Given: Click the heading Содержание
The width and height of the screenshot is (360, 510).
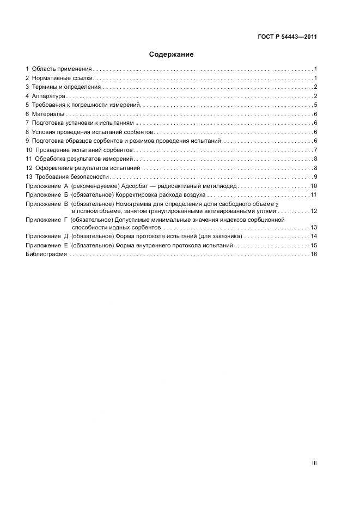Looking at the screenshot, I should click(172, 54).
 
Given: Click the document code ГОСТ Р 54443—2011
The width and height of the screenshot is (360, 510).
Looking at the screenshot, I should click(287, 38).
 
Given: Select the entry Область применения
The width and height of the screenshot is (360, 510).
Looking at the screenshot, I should click(62, 69).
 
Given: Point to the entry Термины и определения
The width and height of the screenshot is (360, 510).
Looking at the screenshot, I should click(66, 87).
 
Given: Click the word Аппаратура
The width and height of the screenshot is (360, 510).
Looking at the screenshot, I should click(48, 96).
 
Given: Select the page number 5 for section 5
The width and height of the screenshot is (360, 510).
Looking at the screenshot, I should click(315, 105).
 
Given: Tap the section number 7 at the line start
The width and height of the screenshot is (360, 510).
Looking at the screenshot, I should click(27, 123).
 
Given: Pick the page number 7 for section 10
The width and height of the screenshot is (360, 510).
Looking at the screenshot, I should click(315, 150).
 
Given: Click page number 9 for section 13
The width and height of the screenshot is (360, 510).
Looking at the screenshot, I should click(315, 177).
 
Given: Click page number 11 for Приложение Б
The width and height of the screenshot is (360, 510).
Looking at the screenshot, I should click(314, 195).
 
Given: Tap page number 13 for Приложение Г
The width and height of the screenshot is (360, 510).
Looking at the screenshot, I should click(314, 227).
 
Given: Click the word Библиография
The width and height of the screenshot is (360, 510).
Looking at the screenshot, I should click(46, 254).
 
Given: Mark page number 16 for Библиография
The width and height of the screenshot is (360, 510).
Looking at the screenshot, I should click(314, 254).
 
